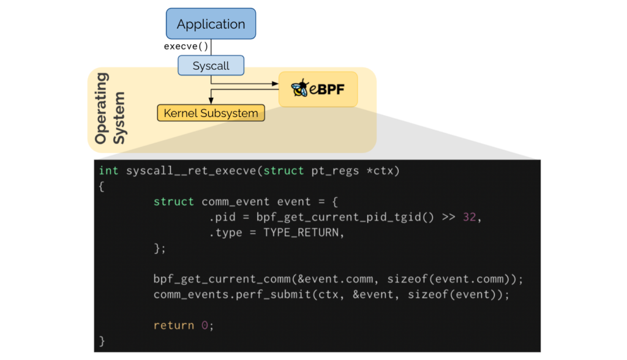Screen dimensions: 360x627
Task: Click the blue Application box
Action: [x=211, y=24]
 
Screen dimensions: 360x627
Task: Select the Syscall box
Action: [x=211, y=66]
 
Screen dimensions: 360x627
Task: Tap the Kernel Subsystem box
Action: [x=211, y=113]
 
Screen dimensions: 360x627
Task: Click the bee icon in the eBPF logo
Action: [x=299, y=89]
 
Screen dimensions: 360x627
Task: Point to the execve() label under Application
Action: [x=186, y=47]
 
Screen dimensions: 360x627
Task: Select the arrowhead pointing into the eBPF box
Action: [x=274, y=84]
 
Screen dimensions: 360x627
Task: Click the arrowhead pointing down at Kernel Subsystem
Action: [x=211, y=102]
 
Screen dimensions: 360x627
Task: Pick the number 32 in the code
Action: [x=469, y=217]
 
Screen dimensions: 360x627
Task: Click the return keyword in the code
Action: [x=174, y=325]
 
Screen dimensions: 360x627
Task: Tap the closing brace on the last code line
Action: [x=102, y=340]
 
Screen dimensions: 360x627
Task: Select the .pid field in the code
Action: [x=221, y=217]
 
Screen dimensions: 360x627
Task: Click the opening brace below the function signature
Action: [x=102, y=186]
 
